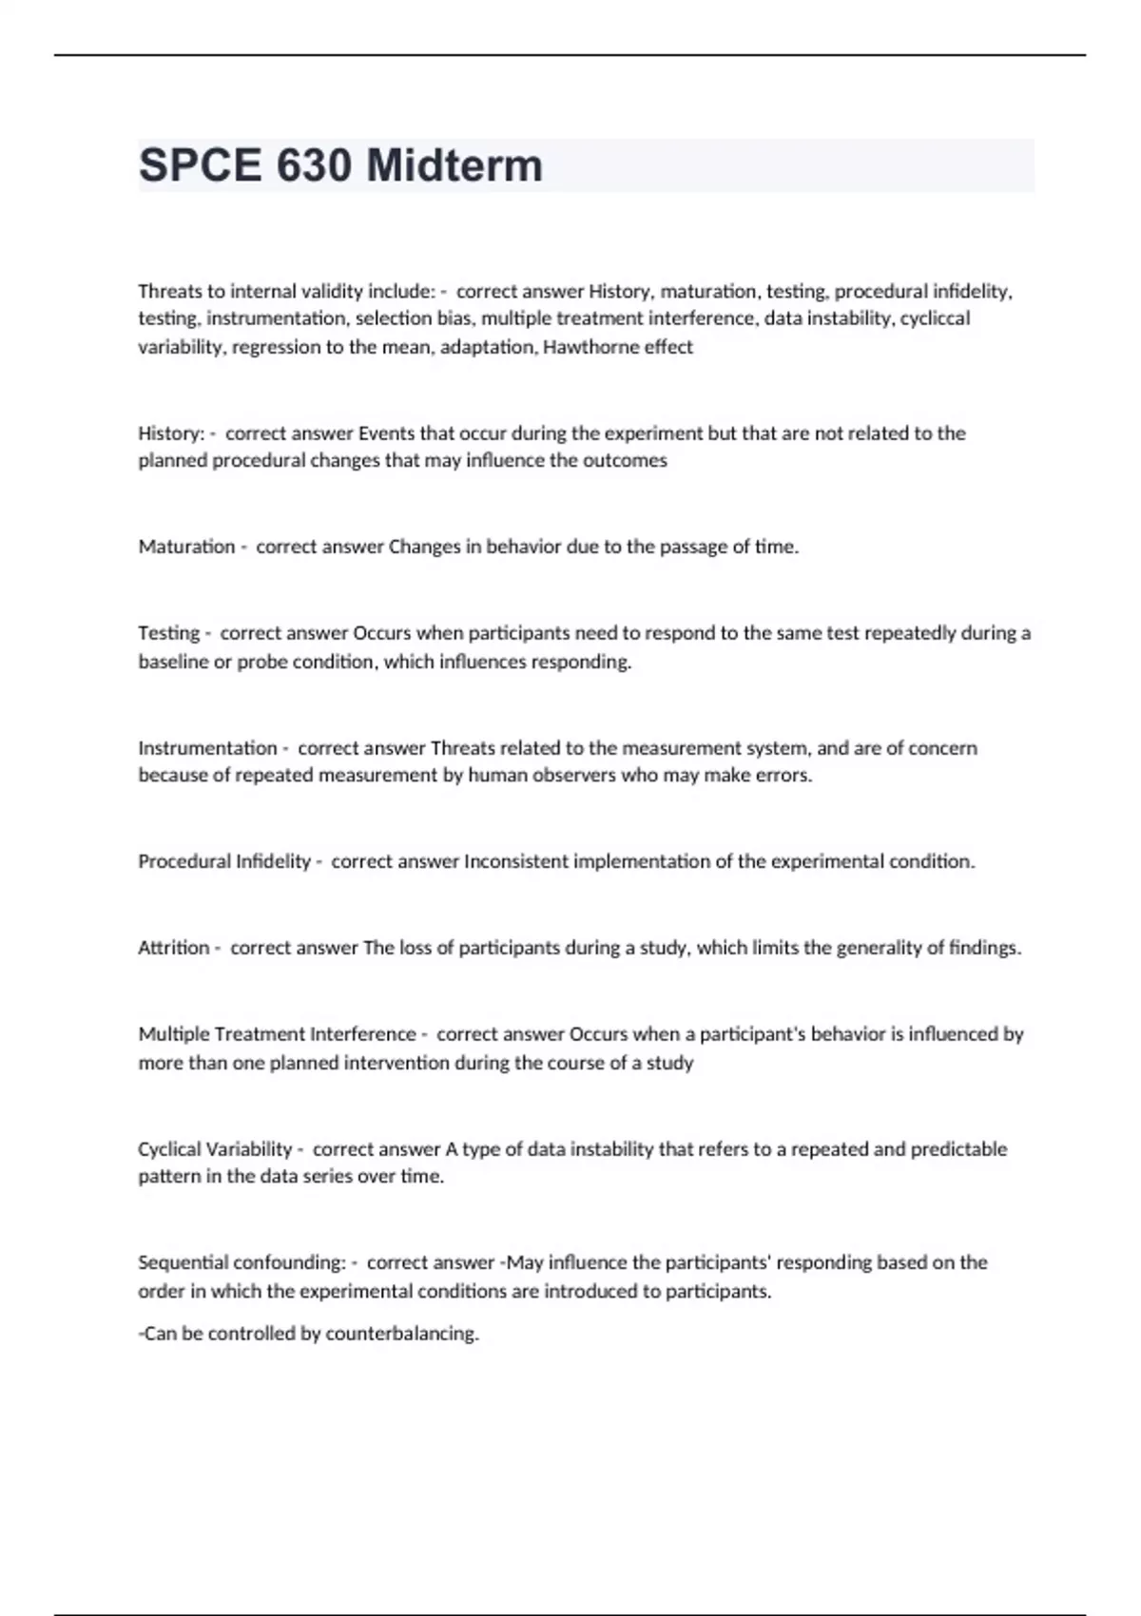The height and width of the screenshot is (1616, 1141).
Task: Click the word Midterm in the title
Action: [x=454, y=165]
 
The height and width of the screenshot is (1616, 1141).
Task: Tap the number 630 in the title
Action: [x=315, y=165]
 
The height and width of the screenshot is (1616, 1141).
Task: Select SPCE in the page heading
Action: [x=200, y=165]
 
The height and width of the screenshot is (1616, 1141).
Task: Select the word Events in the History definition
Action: [x=386, y=433]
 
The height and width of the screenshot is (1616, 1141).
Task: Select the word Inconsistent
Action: [x=514, y=861]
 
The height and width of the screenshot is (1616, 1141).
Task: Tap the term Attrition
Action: [x=173, y=948]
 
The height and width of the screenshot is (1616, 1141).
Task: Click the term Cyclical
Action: [x=167, y=1149]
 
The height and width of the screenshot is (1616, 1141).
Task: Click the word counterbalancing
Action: [x=402, y=1334]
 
